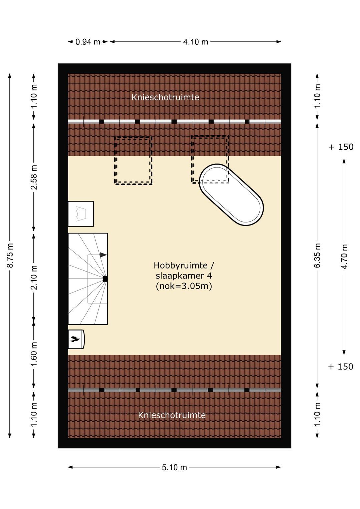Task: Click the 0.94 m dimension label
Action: click(x=88, y=42)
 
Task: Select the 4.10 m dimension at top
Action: click(x=196, y=42)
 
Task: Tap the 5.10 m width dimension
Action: click(x=174, y=467)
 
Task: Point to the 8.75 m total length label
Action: click(x=10, y=256)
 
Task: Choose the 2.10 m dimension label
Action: click(x=34, y=277)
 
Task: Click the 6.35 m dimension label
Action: click(x=317, y=256)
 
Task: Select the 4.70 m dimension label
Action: click(x=344, y=257)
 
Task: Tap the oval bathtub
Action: click(x=231, y=195)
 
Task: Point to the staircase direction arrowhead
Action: click(x=104, y=255)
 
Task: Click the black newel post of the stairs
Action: click(x=105, y=279)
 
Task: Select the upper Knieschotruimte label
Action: click(x=165, y=97)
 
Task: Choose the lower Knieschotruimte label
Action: click(x=172, y=415)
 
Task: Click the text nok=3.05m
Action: click(x=184, y=286)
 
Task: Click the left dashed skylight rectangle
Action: click(x=133, y=160)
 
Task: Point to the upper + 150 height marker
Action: click(x=341, y=147)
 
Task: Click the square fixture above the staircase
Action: click(x=81, y=214)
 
